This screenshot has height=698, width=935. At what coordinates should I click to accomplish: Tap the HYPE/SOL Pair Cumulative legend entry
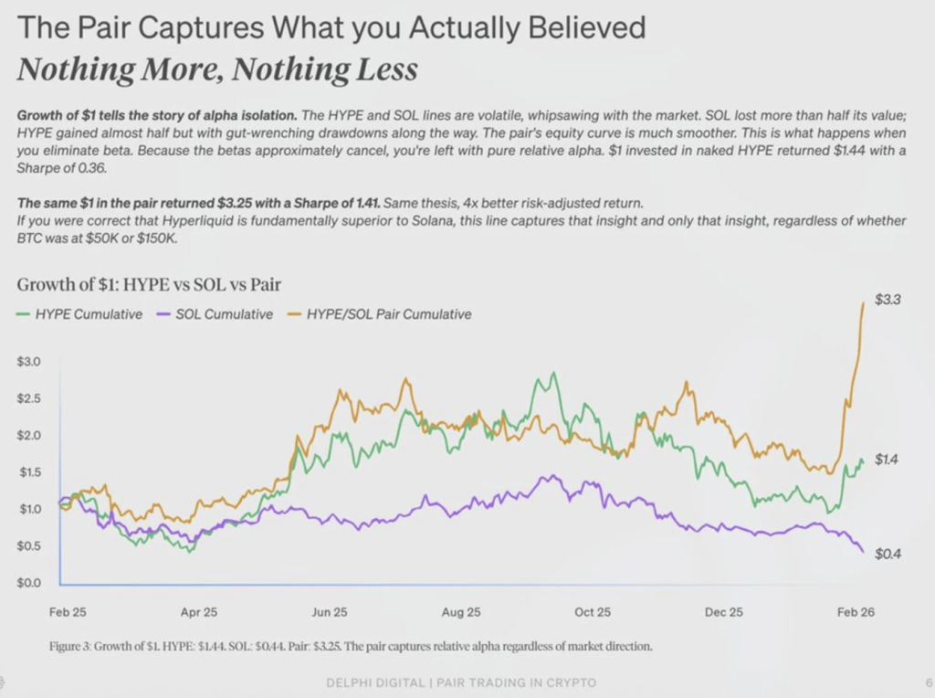388,314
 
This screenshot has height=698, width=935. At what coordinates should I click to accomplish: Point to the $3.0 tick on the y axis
29,362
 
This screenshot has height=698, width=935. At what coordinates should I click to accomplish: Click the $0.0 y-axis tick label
29,582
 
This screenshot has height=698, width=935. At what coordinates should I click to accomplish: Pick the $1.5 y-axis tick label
29,472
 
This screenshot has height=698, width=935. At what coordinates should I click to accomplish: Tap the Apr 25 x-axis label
198,612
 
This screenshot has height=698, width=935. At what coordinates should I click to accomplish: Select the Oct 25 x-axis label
592,612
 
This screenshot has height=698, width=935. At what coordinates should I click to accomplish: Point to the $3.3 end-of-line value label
888,299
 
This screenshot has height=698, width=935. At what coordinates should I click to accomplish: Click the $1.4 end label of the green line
887,460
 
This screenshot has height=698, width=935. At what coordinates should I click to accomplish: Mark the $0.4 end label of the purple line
888,555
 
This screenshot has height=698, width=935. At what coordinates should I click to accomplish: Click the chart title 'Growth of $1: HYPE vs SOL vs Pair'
149,285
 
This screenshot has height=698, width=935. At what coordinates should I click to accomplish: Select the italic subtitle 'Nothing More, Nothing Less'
217,69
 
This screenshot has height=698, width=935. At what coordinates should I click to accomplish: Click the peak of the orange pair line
863,303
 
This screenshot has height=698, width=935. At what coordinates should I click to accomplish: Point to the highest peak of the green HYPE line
552,374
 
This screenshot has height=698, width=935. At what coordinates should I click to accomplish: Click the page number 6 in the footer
928,682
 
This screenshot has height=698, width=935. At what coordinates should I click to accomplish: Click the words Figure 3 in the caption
71,647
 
